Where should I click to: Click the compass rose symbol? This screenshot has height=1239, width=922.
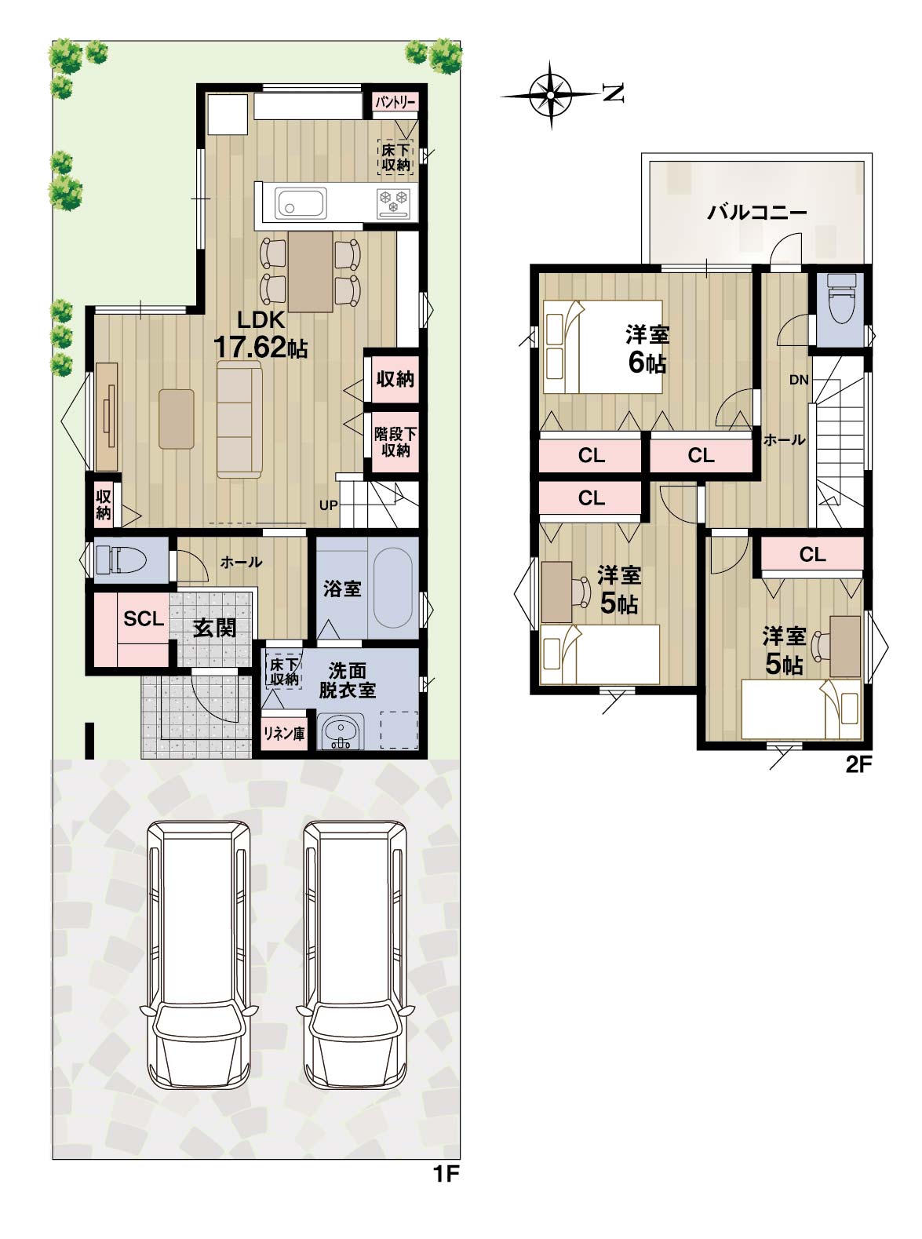(551, 95)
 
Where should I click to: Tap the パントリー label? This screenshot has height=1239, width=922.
(395, 102)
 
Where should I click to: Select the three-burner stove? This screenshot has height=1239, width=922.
(393, 202)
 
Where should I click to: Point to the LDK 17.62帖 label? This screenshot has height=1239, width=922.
(261, 334)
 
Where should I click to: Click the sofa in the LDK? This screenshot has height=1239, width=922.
(239, 420)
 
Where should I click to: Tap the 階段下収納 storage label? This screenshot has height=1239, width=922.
(395, 442)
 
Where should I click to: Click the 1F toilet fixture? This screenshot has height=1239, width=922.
(120, 559)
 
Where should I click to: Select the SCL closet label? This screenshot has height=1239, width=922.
(144, 619)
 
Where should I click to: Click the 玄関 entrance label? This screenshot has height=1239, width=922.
(214, 628)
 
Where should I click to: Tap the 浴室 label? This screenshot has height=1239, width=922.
(343, 589)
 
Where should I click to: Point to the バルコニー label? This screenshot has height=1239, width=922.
(757, 213)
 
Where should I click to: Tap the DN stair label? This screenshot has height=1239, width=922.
(799, 380)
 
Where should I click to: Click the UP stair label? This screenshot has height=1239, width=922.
(329, 505)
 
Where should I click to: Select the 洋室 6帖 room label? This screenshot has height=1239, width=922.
(647, 349)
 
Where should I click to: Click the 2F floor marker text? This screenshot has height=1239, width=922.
(859, 764)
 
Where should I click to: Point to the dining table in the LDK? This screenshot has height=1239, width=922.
(311, 272)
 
